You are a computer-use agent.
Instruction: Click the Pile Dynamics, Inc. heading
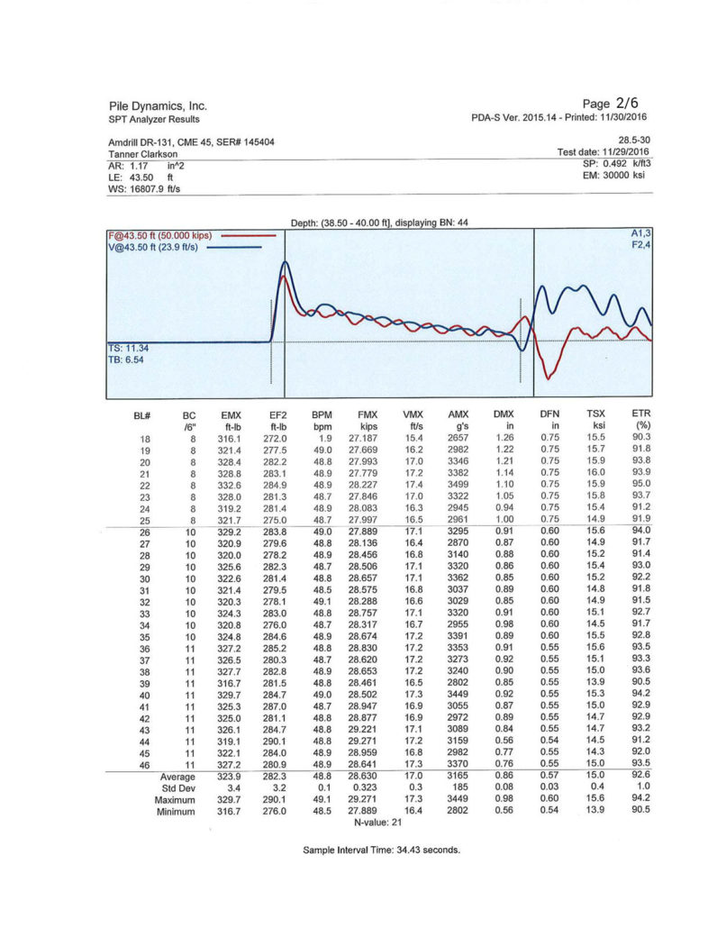coord(158,106)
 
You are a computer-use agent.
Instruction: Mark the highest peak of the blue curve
coord(286,262)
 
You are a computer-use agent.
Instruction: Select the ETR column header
coord(642,414)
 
